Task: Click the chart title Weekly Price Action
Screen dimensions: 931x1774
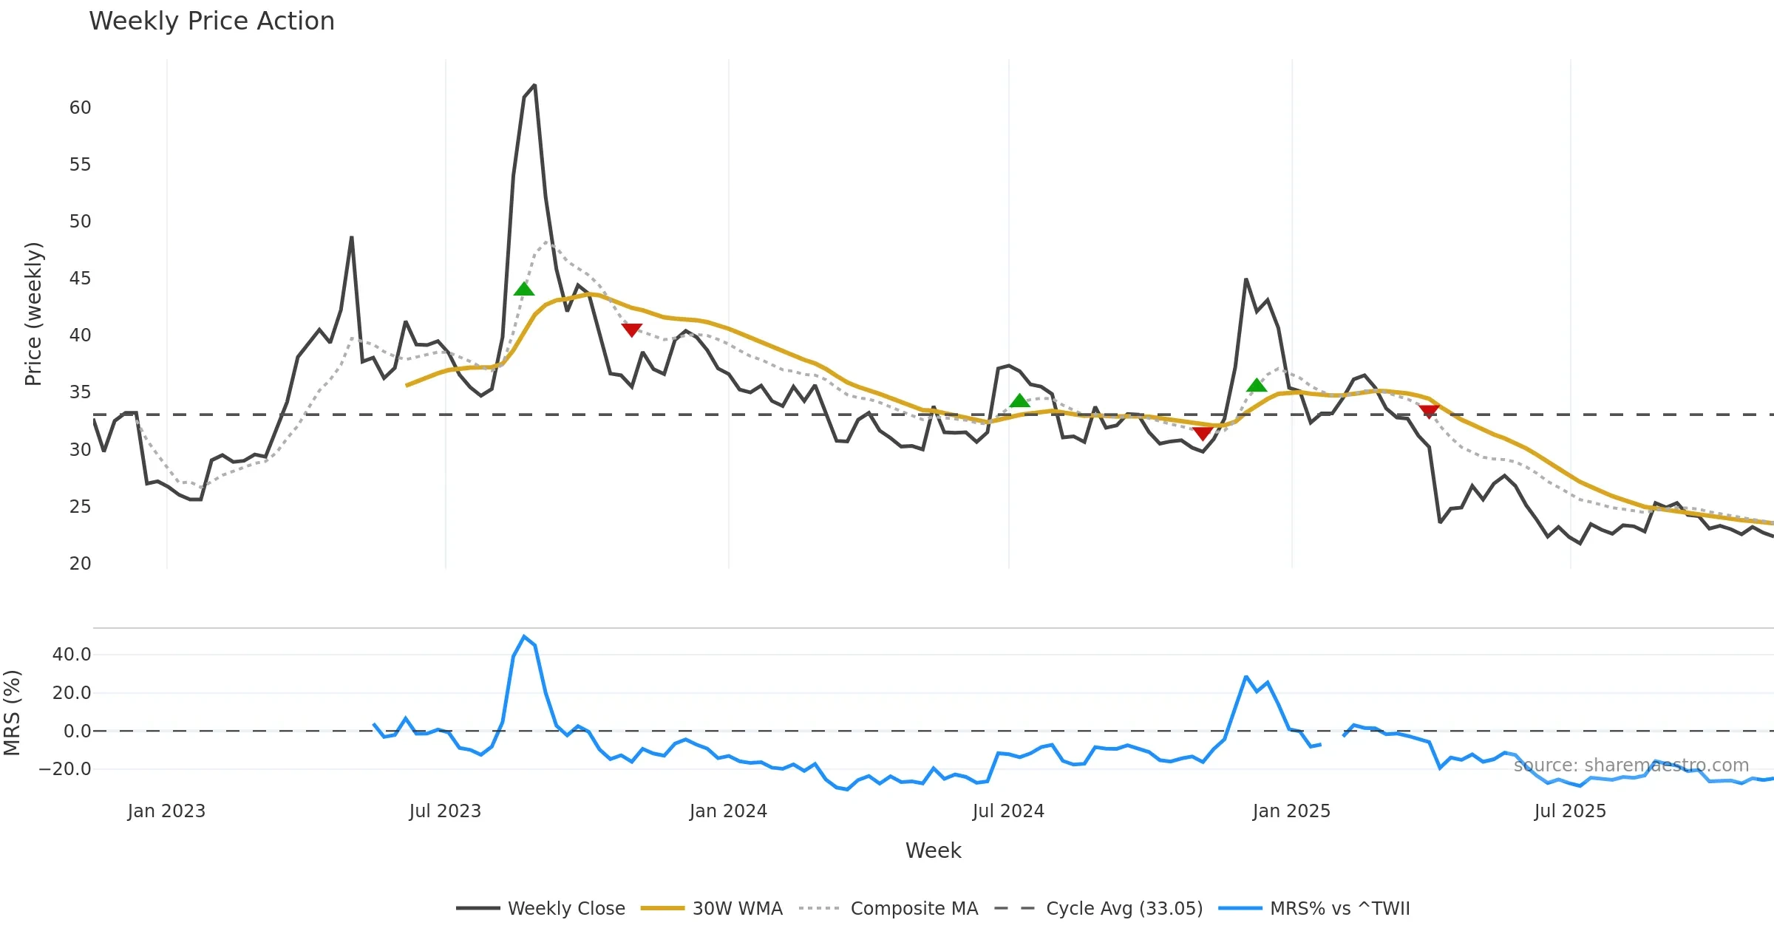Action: click(211, 21)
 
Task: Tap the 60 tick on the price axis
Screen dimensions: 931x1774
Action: click(80, 108)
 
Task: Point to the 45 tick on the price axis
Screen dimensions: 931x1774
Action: click(80, 279)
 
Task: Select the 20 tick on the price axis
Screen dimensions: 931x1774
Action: click(80, 564)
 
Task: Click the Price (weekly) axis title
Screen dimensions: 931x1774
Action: click(33, 314)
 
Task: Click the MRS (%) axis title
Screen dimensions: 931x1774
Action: click(13, 713)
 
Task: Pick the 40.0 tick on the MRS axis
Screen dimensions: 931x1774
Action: click(72, 655)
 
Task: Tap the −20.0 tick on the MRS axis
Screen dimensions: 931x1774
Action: click(65, 769)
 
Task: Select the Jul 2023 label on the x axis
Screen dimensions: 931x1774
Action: click(445, 811)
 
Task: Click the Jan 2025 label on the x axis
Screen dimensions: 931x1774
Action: click(1291, 811)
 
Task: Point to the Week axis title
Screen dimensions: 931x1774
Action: click(933, 851)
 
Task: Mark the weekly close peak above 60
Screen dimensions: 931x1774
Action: click(534, 86)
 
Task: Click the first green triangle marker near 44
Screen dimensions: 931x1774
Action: click(524, 289)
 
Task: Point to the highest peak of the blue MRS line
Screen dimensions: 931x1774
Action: click(524, 636)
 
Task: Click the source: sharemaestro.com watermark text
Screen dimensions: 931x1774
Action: click(1631, 765)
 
